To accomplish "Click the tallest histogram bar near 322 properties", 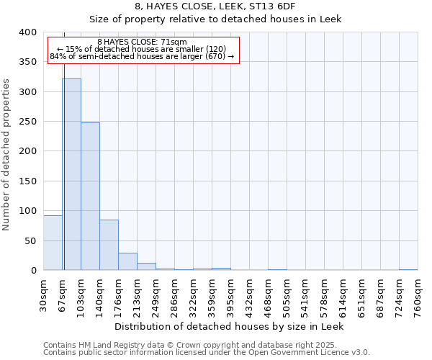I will (x=71, y=174).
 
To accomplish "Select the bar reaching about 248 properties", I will (x=90, y=197).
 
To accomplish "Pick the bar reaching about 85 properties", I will (x=109, y=245).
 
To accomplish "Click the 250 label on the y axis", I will (x=28, y=122).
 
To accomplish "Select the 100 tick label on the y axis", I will (x=28, y=211).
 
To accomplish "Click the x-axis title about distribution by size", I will (x=230, y=326).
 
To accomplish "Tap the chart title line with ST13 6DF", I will (x=215, y=6).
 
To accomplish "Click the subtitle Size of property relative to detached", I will (x=215, y=19).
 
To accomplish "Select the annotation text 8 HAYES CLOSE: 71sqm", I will (x=142, y=42).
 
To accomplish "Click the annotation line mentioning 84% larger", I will (x=142, y=57).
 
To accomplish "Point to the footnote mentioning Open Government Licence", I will (x=207, y=353).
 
